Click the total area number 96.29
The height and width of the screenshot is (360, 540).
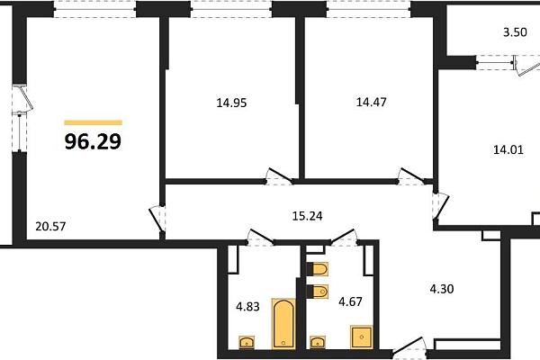(x=93, y=141)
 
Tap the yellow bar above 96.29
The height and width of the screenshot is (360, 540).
(x=94, y=122)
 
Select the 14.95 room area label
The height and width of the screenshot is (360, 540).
(x=231, y=103)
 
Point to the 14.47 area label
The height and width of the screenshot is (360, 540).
(x=371, y=103)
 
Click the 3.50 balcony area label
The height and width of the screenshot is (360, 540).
(x=515, y=32)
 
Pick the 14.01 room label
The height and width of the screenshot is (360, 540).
(x=508, y=150)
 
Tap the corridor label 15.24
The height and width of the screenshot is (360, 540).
(x=308, y=216)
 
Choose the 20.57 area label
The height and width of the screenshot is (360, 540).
(x=50, y=227)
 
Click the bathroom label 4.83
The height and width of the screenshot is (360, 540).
(x=248, y=306)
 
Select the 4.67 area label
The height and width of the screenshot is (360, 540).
(x=351, y=301)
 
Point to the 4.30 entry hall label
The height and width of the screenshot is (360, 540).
(x=442, y=289)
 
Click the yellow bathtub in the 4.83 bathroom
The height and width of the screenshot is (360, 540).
(x=283, y=324)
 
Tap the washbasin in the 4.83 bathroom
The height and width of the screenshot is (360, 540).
(x=247, y=342)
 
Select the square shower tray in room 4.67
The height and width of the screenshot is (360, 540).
(x=362, y=337)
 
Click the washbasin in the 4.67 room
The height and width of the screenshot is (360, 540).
(x=317, y=342)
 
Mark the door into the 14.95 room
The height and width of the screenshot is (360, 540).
(x=279, y=176)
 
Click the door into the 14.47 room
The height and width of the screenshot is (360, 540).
(x=411, y=176)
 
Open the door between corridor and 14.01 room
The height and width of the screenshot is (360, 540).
(x=441, y=206)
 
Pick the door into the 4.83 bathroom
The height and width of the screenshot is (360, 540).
(x=261, y=237)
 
